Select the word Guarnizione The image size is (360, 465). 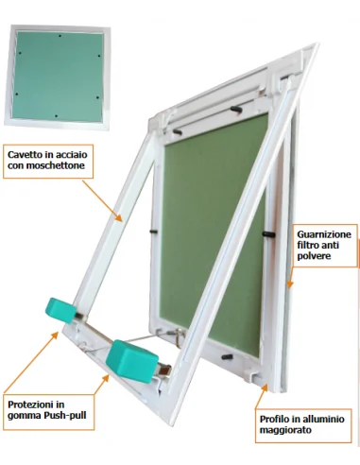click(x=324, y=234)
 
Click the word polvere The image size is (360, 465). click(x=314, y=256)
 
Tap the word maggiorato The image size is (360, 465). click(x=285, y=430)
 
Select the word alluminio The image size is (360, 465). click(x=323, y=419)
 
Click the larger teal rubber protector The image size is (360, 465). click(x=131, y=360)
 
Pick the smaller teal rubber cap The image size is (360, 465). click(x=60, y=311)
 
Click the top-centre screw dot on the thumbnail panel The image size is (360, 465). click(x=60, y=36)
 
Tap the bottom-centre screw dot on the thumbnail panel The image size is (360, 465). click(x=56, y=116)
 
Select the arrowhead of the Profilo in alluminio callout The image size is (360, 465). click(x=264, y=388)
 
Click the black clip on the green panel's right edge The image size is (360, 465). click(x=268, y=234)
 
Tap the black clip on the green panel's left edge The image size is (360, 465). click(x=153, y=232)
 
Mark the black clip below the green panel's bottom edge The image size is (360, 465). click(x=228, y=357)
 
